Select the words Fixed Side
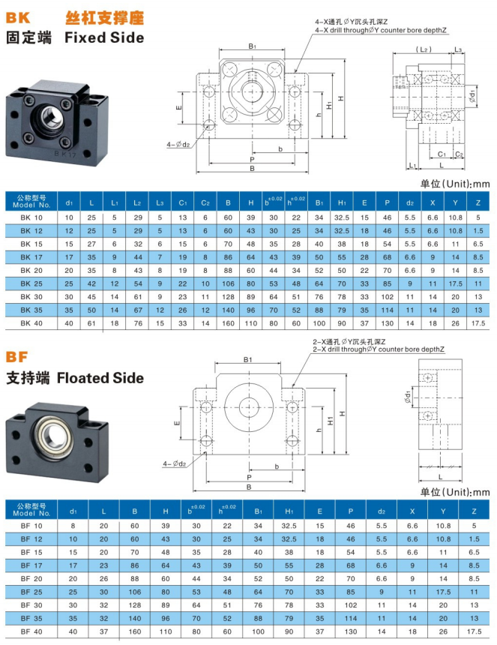103,37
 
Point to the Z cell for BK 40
478,322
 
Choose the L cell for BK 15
91,244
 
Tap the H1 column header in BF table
289,509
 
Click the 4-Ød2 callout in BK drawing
178,143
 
